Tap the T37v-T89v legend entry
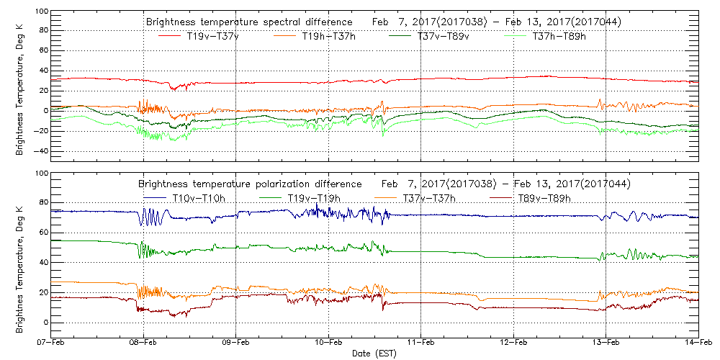click(444, 37)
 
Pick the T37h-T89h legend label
click(559, 37)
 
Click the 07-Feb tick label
click(51, 344)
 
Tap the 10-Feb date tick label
click(329, 344)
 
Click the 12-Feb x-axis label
click(514, 344)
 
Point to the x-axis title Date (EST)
click(374, 354)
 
